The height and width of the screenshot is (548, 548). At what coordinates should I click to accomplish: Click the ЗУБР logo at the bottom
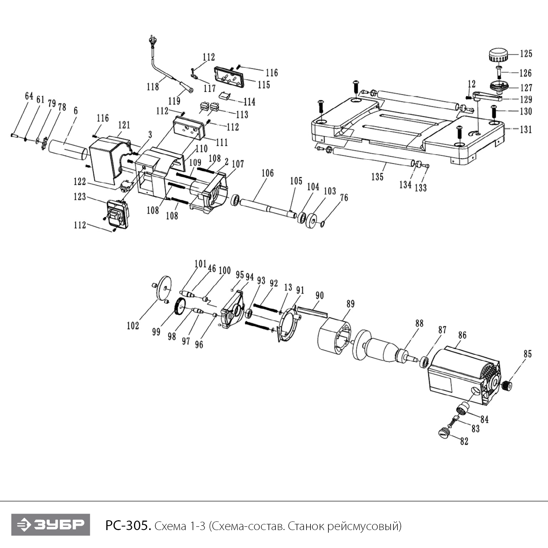[50, 525]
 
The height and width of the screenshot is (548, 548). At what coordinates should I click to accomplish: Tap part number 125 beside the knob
[526, 54]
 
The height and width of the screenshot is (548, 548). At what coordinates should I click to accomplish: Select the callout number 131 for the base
[526, 129]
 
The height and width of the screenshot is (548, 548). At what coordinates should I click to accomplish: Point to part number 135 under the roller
[377, 177]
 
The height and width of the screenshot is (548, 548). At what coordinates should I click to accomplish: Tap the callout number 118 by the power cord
[153, 87]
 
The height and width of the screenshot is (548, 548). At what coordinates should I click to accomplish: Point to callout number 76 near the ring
[344, 198]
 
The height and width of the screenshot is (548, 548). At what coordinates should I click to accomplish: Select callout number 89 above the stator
[350, 304]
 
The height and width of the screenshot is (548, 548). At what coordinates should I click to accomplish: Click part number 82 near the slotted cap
[464, 441]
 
